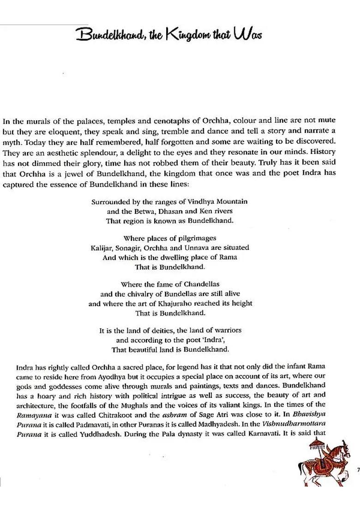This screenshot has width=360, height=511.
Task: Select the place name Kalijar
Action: [x=102, y=248]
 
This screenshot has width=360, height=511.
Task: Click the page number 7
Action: [x=358, y=469]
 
